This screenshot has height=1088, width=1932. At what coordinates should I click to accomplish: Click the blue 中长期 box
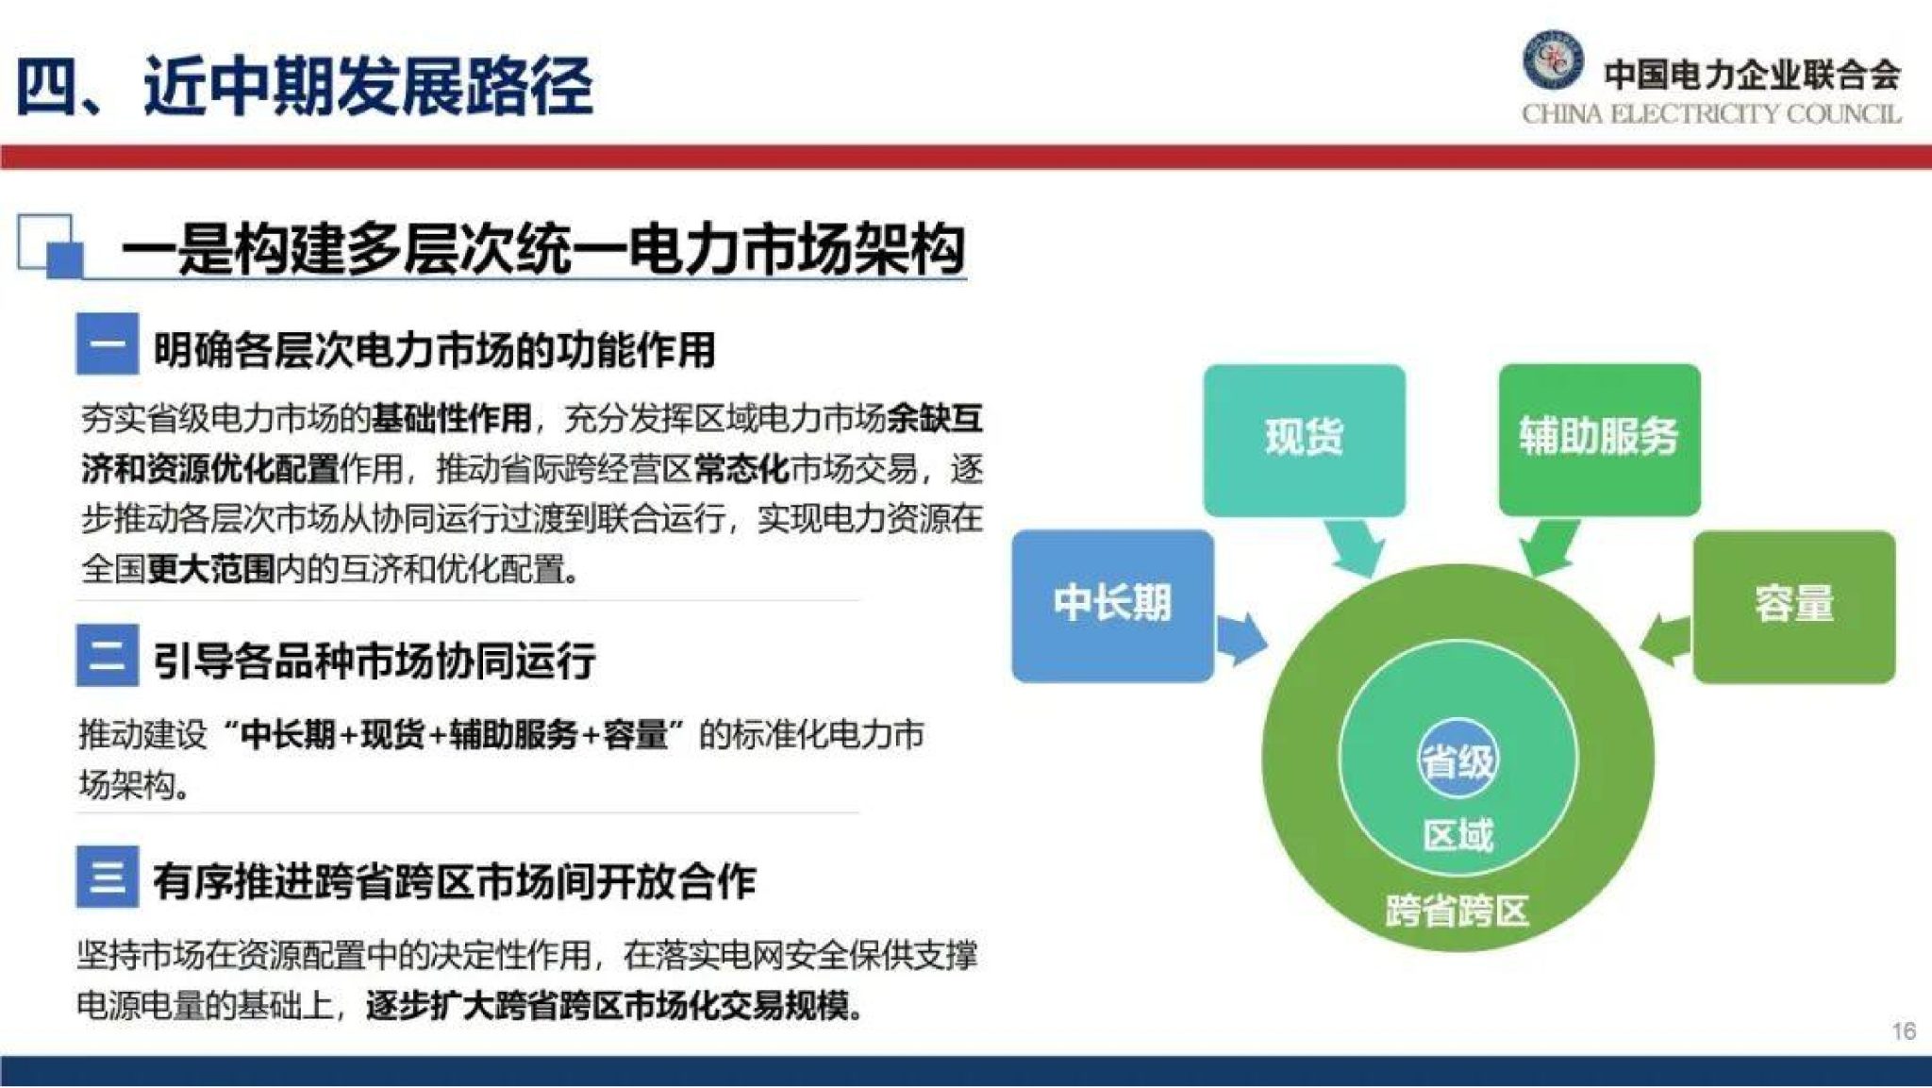(x=1112, y=605)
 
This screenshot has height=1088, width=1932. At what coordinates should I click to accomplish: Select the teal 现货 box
(x=1304, y=439)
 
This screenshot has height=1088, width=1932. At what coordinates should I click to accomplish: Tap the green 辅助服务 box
(x=1599, y=439)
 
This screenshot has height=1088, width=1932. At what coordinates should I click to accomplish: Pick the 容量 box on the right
(x=1793, y=606)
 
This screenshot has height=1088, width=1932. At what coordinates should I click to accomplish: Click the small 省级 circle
(x=1457, y=761)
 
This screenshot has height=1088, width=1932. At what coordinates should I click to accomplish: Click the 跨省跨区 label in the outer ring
(x=1457, y=912)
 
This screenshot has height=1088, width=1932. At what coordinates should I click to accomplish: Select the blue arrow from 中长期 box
(x=1240, y=639)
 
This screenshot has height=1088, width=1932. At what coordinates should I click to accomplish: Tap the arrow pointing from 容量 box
(x=1668, y=639)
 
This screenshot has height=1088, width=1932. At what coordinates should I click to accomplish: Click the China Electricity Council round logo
(x=1552, y=59)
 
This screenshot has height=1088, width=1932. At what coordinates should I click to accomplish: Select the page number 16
(x=1903, y=1030)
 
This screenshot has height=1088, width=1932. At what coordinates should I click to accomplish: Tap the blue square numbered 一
(x=108, y=344)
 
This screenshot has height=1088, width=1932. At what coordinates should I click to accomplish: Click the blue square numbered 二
(x=108, y=655)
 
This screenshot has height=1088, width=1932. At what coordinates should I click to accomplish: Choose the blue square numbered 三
(x=108, y=877)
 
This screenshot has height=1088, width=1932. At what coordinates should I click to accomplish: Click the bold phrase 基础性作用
(x=451, y=418)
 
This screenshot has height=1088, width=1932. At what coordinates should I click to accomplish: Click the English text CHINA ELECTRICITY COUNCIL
(x=1710, y=115)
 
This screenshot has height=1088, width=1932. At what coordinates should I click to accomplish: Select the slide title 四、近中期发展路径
(x=304, y=87)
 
